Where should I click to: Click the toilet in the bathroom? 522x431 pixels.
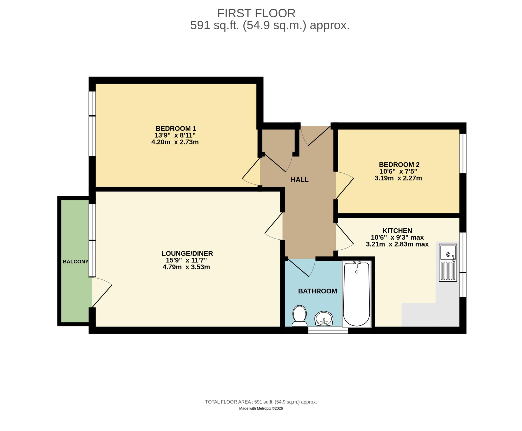(x=299, y=316)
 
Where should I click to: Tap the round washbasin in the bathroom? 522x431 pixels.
(x=324, y=319)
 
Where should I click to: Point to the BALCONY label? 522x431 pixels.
(x=76, y=262)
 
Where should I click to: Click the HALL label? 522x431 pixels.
(x=299, y=180)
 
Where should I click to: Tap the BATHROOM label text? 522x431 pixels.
(x=318, y=291)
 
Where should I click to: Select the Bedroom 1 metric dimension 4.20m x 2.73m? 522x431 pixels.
(x=175, y=142)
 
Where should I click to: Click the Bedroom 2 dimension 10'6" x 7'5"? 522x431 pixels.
(x=398, y=172)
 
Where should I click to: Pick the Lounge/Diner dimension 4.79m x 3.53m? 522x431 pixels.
(x=186, y=267)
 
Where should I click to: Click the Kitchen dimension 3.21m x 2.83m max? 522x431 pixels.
(x=397, y=244)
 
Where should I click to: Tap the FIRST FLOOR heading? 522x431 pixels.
(x=256, y=13)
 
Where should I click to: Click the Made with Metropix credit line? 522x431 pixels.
(x=261, y=409)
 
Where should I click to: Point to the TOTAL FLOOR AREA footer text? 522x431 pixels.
(x=261, y=402)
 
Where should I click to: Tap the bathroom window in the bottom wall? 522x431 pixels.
(x=328, y=331)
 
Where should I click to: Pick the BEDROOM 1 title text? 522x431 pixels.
(x=176, y=128)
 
